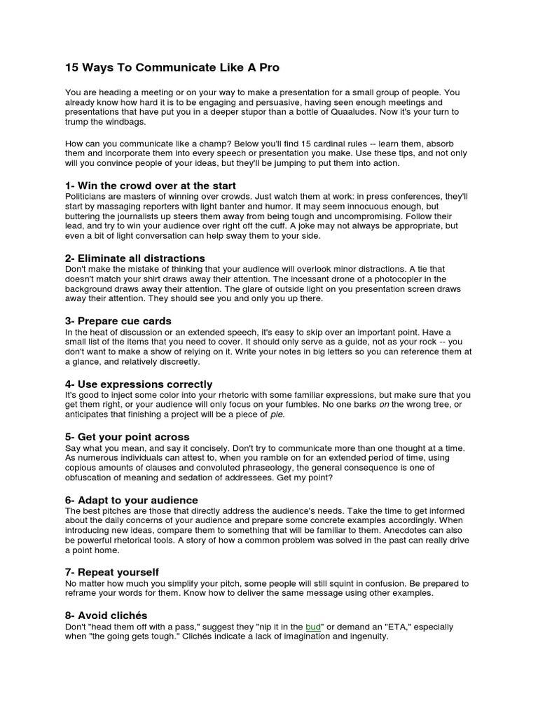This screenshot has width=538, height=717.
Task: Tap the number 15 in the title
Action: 71,68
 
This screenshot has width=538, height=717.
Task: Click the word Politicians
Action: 88,197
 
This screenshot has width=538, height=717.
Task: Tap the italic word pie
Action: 277,415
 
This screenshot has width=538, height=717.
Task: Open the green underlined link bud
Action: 313,627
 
